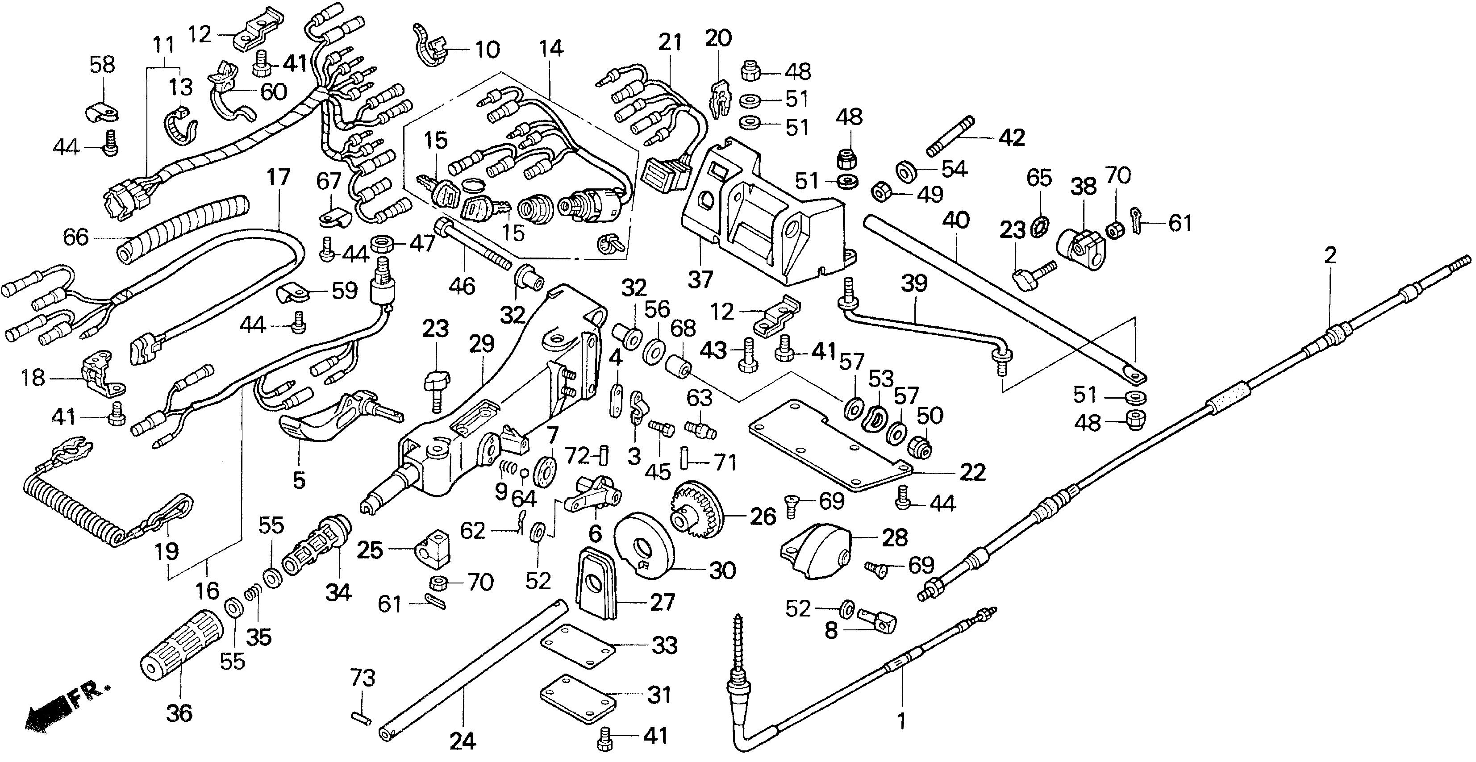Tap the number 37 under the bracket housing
pyautogui.click(x=700, y=279)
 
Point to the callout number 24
pyautogui.click(x=463, y=742)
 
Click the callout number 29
pyautogui.click(x=481, y=344)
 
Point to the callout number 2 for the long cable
pyautogui.click(x=1330, y=254)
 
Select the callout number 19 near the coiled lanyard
pyautogui.click(x=166, y=551)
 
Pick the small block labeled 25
pyautogui.click(x=433, y=549)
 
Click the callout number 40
pyautogui.click(x=956, y=220)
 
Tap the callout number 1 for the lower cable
pyautogui.click(x=901, y=721)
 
